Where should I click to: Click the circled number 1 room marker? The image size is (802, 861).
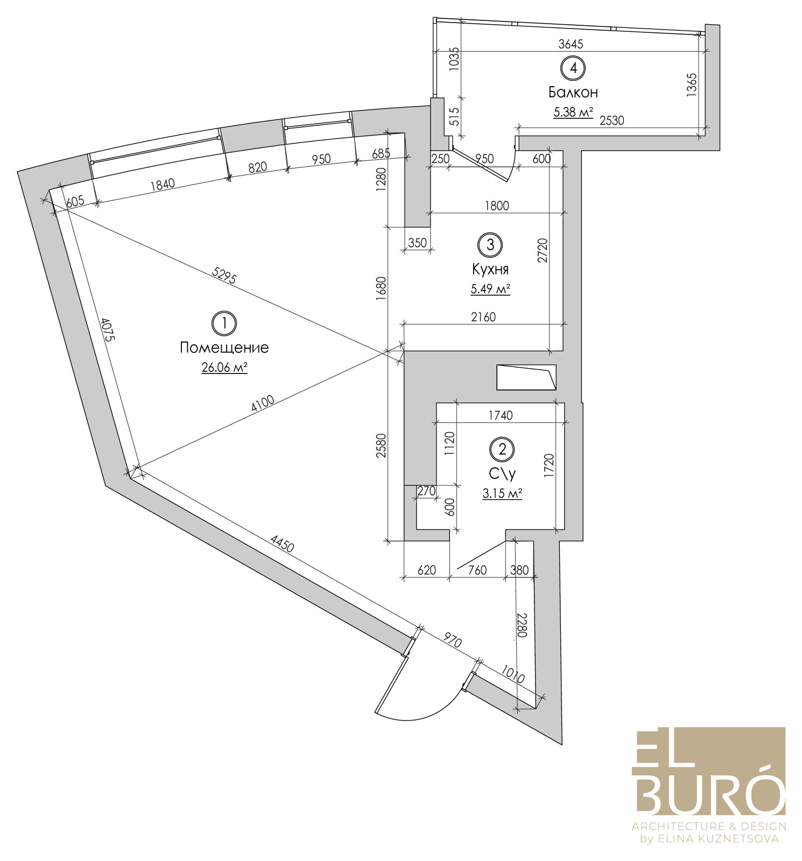(224, 323)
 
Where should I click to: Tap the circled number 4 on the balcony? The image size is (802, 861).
(573, 68)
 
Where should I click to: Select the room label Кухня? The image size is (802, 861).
(490, 269)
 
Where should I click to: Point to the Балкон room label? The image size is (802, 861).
(573, 92)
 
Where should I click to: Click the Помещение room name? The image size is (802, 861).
(224, 348)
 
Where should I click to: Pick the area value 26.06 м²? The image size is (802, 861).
(224, 368)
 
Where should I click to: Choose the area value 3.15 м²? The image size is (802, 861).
(503, 493)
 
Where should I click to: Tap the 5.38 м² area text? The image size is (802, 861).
(573, 112)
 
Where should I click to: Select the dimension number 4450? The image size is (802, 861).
(282, 544)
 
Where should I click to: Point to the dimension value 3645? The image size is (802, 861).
(571, 44)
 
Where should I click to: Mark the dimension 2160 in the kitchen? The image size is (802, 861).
(483, 317)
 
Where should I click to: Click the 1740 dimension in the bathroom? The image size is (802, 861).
(501, 415)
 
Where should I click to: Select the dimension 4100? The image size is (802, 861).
(263, 404)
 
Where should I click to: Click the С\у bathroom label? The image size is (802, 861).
(503, 474)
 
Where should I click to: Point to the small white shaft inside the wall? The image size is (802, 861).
(526, 377)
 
